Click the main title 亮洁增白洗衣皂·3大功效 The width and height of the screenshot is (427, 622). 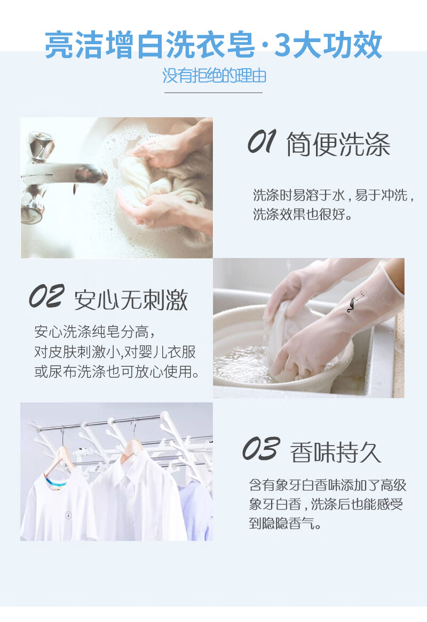coord(213,45)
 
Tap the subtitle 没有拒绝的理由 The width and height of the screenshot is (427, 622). coord(214,75)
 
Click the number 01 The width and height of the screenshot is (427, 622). coord(262,142)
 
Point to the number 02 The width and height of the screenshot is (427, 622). coord(46,296)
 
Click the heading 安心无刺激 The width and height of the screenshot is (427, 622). coord(131,300)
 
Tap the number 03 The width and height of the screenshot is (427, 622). coord(262,449)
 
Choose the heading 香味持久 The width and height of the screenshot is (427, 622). coord(336,452)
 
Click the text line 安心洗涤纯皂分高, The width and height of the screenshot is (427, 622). coord(94,332)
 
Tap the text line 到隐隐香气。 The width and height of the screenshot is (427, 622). coord(285,523)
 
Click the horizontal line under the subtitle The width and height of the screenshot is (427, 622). coord(213,92)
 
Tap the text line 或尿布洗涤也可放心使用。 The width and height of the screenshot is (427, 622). coord(117,371)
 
